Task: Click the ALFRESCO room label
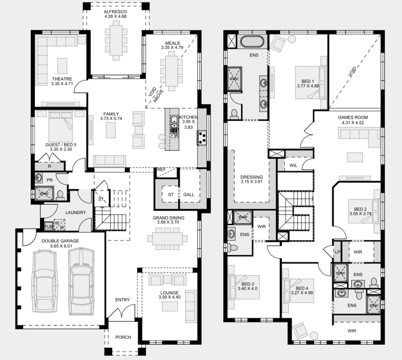pos(115,12)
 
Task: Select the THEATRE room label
pos(62,79)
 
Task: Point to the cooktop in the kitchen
pos(201,138)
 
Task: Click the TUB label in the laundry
pos(48,227)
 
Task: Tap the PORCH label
pos(123,337)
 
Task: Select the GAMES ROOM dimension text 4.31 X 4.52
pos(353,122)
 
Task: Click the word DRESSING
pos(251,177)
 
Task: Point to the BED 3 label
pos(248,284)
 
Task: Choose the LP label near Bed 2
pos(338,252)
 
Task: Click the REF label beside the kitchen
pos(161,170)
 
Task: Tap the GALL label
pos(189,194)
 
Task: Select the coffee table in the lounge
pos(170,306)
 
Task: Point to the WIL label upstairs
pos(293,166)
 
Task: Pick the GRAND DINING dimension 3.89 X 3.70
pos(168,222)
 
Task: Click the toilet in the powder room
pos(60,195)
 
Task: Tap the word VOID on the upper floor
pos(352,72)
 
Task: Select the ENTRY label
pos(122,300)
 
